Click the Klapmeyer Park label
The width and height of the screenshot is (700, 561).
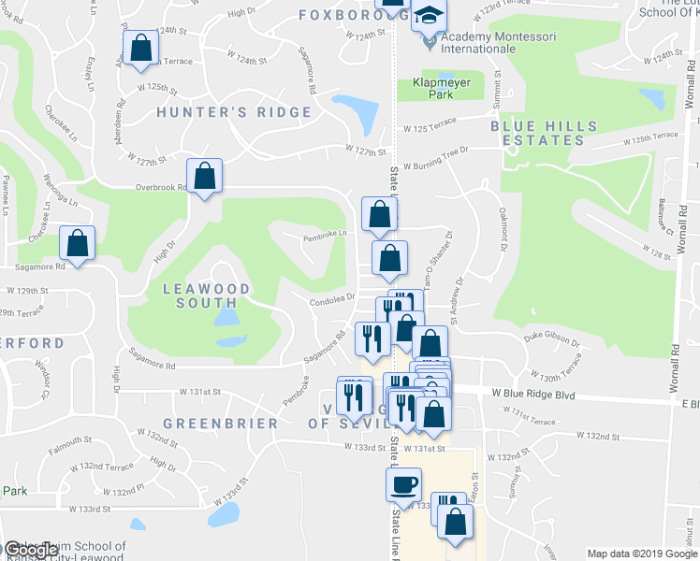coord(440,89)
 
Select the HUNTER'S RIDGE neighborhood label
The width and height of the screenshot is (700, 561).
coord(234,112)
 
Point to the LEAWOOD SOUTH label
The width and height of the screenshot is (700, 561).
coord(207,295)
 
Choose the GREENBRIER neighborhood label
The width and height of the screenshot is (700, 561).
coord(219,424)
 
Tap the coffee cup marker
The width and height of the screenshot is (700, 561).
coord(404,485)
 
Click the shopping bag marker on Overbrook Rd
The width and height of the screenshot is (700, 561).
coord(204,176)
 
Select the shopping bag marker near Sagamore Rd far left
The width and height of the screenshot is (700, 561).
coord(77,243)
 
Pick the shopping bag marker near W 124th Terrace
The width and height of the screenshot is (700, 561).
coord(140,49)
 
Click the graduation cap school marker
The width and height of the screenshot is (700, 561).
coord(430,16)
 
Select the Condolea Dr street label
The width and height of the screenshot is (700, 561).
coord(334,299)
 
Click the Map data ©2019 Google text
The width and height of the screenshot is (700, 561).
coord(641,554)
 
